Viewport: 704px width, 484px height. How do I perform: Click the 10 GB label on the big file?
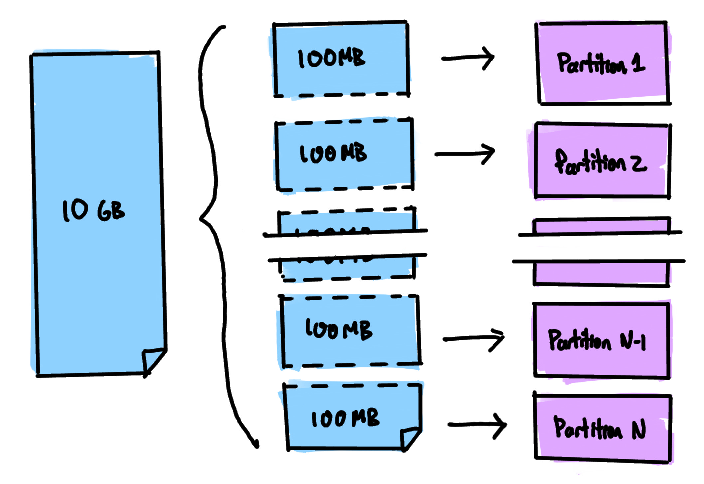click(x=93, y=211)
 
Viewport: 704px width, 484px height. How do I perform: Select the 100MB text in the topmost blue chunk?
click(x=331, y=59)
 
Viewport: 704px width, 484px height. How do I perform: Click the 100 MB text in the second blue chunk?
click(x=333, y=153)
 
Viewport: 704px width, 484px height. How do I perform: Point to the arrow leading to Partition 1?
click(x=468, y=58)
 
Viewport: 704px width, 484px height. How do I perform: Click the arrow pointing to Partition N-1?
click(x=474, y=339)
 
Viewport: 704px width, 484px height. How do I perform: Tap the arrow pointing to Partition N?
click(x=478, y=425)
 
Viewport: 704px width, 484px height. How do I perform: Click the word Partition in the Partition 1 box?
click(x=592, y=63)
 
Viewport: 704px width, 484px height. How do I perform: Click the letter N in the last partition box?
click(x=639, y=429)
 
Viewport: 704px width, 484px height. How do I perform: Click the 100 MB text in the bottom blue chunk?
click(x=345, y=418)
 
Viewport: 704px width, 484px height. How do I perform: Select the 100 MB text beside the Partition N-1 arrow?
click(x=339, y=330)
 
